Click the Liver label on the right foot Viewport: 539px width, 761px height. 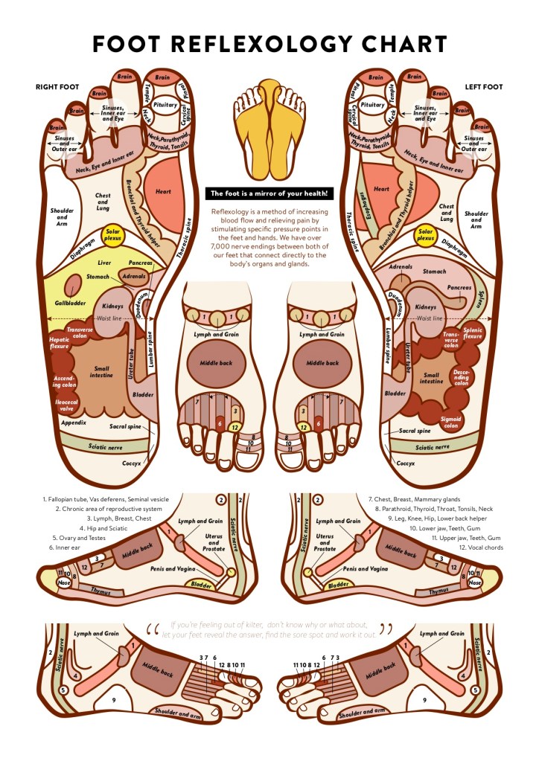[x=105, y=263]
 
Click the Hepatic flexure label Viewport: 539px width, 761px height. [x=58, y=342]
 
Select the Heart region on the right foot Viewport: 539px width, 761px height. [x=163, y=191]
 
